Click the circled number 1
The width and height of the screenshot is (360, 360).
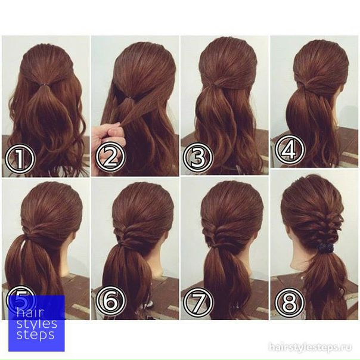click(x=20, y=158)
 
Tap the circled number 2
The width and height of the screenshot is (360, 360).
click(x=110, y=157)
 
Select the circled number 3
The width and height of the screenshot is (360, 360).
click(x=198, y=157)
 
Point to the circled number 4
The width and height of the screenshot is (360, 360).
click(x=290, y=149)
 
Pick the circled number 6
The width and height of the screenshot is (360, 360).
click(x=111, y=300)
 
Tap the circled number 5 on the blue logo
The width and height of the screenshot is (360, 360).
click(x=21, y=301)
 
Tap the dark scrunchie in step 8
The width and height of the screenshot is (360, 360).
click(x=324, y=248)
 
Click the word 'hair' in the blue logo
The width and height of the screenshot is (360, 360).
click(x=30, y=314)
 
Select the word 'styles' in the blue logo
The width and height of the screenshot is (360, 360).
click(x=37, y=324)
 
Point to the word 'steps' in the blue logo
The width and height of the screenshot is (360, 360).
click(x=36, y=335)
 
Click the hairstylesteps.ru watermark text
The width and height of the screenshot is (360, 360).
click(x=310, y=347)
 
